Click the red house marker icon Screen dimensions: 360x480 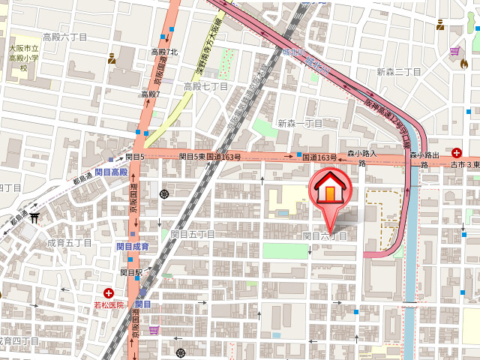[329, 192]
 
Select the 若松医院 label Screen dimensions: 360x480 [108, 305]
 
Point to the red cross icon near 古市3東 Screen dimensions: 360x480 [457, 152]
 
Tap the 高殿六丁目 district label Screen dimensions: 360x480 [64, 37]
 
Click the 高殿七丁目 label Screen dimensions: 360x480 [205, 87]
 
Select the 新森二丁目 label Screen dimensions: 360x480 [399, 72]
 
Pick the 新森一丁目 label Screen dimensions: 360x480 [299, 123]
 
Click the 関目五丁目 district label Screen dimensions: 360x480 [193, 234]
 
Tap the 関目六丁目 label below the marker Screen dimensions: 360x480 [325, 235]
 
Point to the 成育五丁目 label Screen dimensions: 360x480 [69, 243]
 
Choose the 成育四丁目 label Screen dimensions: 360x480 [16, 340]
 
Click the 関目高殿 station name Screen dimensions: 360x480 [112, 172]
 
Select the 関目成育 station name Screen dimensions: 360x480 [132, 246]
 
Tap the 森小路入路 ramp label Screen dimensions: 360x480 [361, 157]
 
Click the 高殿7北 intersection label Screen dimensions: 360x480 [164, 52]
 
